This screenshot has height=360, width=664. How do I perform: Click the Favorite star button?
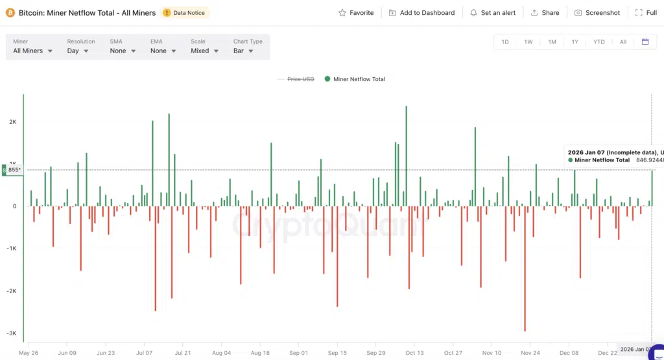click(356, 13)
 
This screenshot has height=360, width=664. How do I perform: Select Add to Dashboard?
click(421, 13)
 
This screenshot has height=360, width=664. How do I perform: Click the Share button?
click(545, 13)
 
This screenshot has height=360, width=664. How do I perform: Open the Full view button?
click(646, 13)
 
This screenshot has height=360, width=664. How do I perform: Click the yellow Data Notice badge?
click(185, 13)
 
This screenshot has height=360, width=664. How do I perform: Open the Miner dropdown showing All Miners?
click(32, 51)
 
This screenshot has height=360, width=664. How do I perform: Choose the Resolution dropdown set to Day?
click(78, 51)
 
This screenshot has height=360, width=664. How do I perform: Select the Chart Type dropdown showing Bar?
click(243, 51)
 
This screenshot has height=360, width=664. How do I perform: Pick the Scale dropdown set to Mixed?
click(204, 51)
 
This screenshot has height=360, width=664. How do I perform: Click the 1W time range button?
click(528, 42)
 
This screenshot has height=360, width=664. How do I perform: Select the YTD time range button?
click(599, 42)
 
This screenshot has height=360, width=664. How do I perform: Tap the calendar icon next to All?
click(645, 42)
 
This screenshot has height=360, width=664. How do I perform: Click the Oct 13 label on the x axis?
click(414, 353)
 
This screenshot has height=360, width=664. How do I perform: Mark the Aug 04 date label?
click(221, 353)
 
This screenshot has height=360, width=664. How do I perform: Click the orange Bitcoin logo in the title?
click(10, 13)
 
